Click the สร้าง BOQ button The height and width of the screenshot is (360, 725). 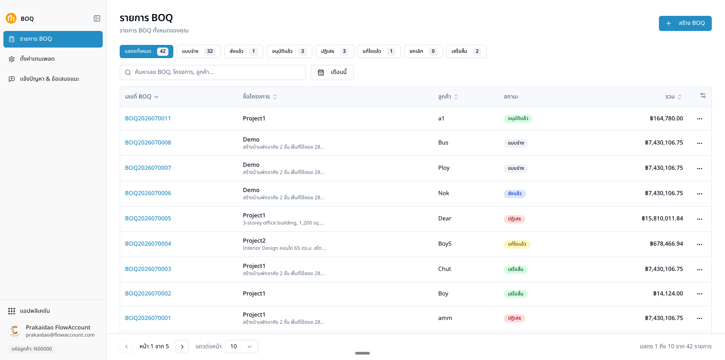[x=685, y=23]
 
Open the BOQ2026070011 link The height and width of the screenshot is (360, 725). [x=148, y=118]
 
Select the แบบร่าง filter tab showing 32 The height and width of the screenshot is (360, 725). [x=199, y=51]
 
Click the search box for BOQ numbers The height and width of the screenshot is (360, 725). [x=213, y=72]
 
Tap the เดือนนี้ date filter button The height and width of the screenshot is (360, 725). [x=332, y=72]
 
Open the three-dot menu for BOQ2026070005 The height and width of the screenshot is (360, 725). [x=700, y=219]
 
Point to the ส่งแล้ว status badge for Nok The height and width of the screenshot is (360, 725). [x=515, y=194]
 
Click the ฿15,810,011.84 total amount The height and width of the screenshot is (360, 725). [x=662, y=218]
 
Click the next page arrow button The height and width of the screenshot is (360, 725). [x=182, y=346]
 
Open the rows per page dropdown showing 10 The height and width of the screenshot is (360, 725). [x=242, y=346]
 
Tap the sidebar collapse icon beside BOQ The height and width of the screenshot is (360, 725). [x=97, y=18]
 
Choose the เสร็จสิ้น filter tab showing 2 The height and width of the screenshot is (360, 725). [x=466, y=51]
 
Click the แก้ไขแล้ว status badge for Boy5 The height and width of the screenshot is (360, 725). [x=517, y=244]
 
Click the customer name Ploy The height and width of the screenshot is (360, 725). [x=444, y=168]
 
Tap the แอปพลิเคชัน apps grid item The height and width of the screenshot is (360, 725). [x=29, y=311]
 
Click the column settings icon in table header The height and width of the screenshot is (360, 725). [x=703, y=95]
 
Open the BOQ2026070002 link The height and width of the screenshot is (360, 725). [x=148, y=294]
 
